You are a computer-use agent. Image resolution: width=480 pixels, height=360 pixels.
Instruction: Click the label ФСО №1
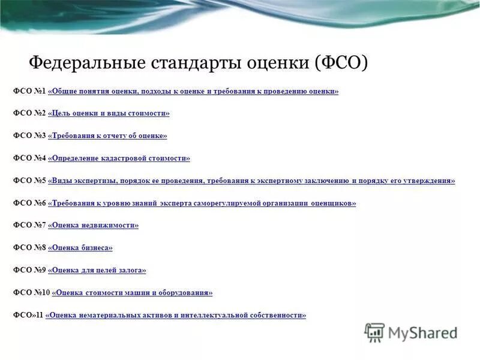click(x=29, y=91)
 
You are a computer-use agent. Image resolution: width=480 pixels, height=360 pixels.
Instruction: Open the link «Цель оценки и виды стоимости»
click(x=109, y=113)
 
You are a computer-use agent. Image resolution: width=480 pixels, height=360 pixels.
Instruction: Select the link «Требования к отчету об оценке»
click(x=107, y=136)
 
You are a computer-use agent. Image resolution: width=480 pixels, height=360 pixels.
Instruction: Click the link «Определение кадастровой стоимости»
click(x=119, y=158)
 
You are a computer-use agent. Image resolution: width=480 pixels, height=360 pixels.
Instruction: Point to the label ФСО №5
click(x=29, y=181)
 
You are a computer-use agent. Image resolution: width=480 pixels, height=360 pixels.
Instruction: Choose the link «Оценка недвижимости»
click(x=93, y=226)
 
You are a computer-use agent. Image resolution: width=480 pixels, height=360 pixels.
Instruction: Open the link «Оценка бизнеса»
click(x=80, y=248)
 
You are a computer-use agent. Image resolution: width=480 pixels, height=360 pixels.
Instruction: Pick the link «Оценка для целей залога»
click(x=97, y=271)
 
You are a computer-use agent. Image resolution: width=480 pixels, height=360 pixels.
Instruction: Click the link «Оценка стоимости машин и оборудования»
click(x=132, y=293)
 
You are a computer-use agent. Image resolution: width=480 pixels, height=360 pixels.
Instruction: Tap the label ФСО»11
click(x=28, y=315)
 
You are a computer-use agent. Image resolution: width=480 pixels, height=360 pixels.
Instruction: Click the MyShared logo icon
click(x=374, y=332)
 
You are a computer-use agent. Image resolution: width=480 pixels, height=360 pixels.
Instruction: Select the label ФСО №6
click(x=29, y=203)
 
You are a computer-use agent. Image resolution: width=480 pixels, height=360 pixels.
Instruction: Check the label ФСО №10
click(x=31, y=293)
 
